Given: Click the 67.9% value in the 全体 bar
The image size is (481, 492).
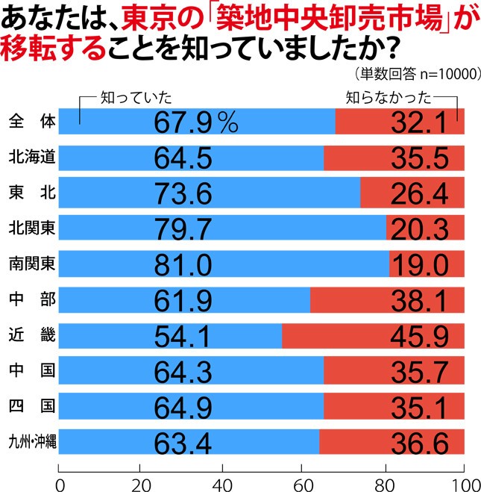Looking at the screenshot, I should pyautogui.click(x=195, y=122).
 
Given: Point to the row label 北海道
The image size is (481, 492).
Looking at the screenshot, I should pyautogui.click(x=30, y=158).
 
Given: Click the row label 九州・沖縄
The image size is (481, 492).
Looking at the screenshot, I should pyautogui.click(x=31, y=443).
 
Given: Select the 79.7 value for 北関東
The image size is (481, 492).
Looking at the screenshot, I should pyautogui.click(x=183, y=228).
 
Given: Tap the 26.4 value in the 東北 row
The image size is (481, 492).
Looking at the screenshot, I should pyautogui.click(x=418, y=193).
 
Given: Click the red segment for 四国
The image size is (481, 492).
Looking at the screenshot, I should pyautogui.click(x=394, y=408).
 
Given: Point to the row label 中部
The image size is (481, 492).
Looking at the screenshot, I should pyautogui.click(x=30, y=300).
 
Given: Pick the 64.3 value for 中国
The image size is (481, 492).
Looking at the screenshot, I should pyautogui.click(x=183, y=372).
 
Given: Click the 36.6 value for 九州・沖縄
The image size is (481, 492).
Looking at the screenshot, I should pyautogui.click(x=418, y=443).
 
